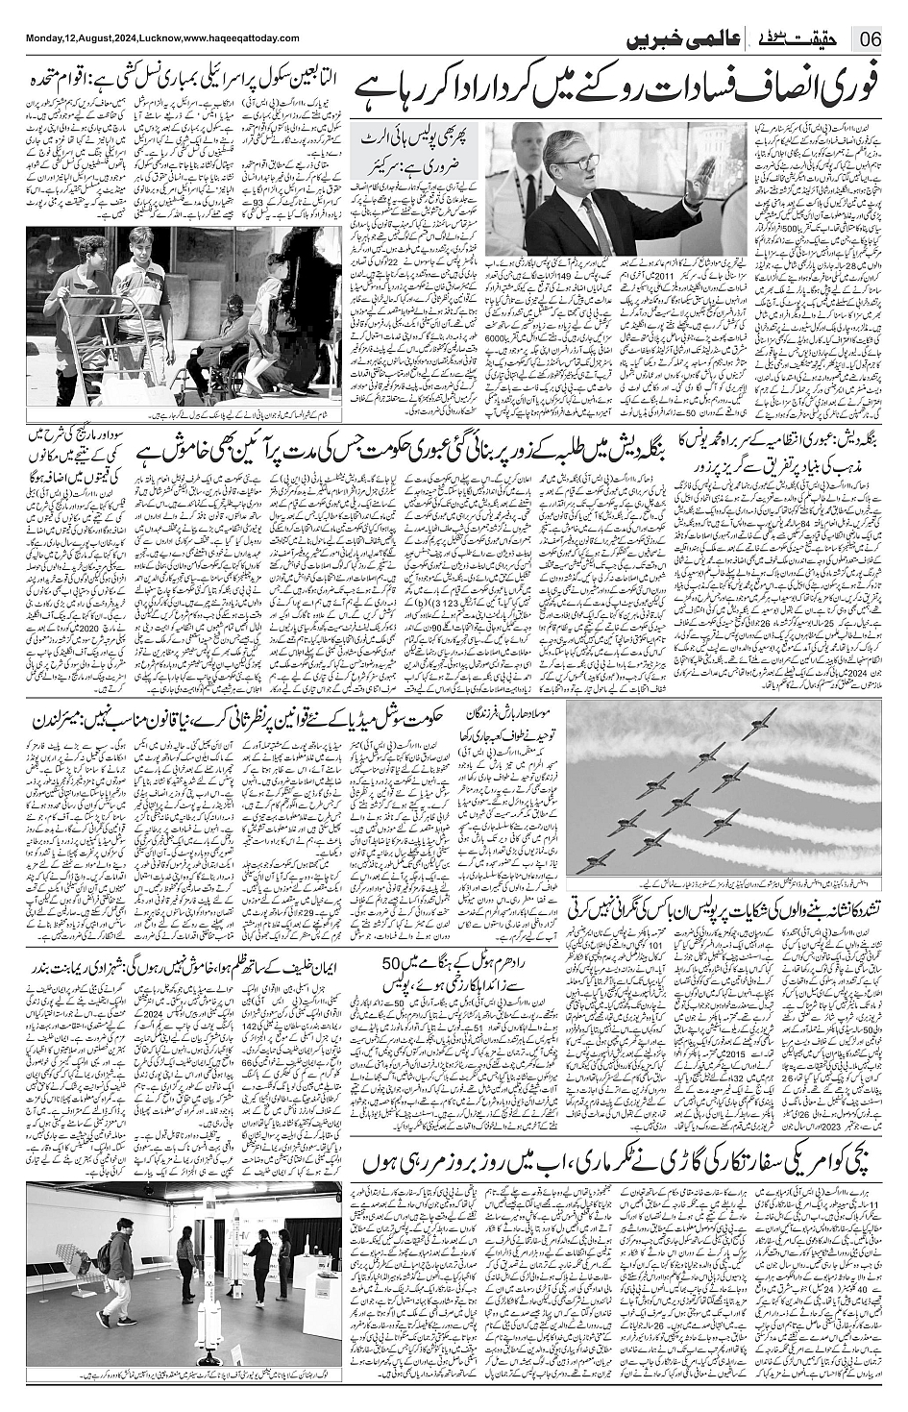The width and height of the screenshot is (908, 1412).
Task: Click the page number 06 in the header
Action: (x=871, y=41)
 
